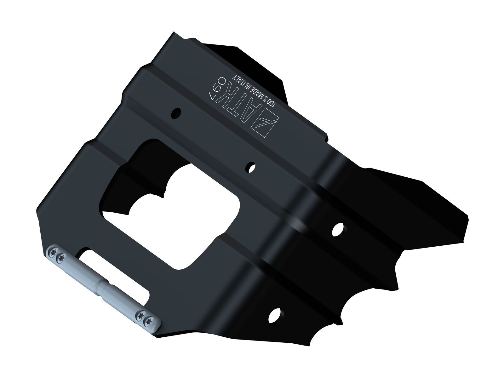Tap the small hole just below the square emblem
pos(251,168)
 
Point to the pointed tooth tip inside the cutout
pos(163,197)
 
